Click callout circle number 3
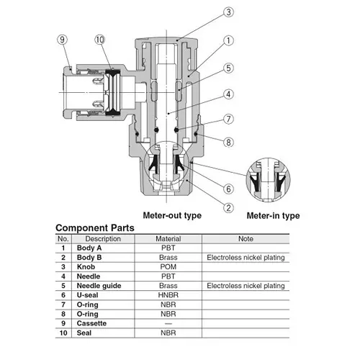tap(228, 12)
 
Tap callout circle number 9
tap(62, 40)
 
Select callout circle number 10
tap(100, 40)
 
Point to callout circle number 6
tap(228, 189)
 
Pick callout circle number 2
tap(228, 208)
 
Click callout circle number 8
tap(228, 143)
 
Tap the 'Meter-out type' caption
tap(172, 215)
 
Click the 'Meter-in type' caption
tap(273, 215)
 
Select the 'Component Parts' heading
tap(95, 228)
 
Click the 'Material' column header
tap(168, 239)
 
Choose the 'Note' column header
tap(246, 239)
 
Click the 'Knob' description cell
tap(86, 267)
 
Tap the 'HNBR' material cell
tap(168, 295)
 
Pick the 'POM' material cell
tap(168, 267)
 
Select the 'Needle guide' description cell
tap(99, 286)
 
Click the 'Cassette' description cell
tap(91, 323)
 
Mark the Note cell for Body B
tap(246, 258)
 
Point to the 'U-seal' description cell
tap(87, 295)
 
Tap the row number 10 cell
tap(63, 333)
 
